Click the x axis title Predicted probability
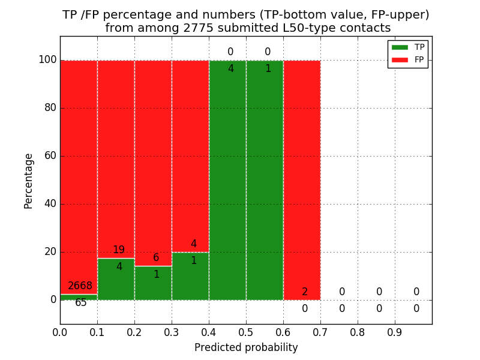click(x=246, y=347)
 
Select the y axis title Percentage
click(x=29, y=181)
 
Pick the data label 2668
click(x=80, y=286)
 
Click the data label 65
click(x=80, y=303)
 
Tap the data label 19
click(x=119, y=250)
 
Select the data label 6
click(x=156, y=258)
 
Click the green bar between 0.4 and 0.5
click(x=227, y=180)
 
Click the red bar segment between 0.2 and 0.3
click(x=153, y=156)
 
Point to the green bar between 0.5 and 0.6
click(x=265, y=180)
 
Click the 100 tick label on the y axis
click(x=47, y=60)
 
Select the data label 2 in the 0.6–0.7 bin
click(x=305, y=292)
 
